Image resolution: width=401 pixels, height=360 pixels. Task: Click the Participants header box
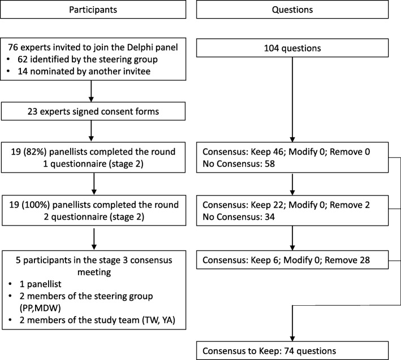pyautogui.click(x=93, y=10)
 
